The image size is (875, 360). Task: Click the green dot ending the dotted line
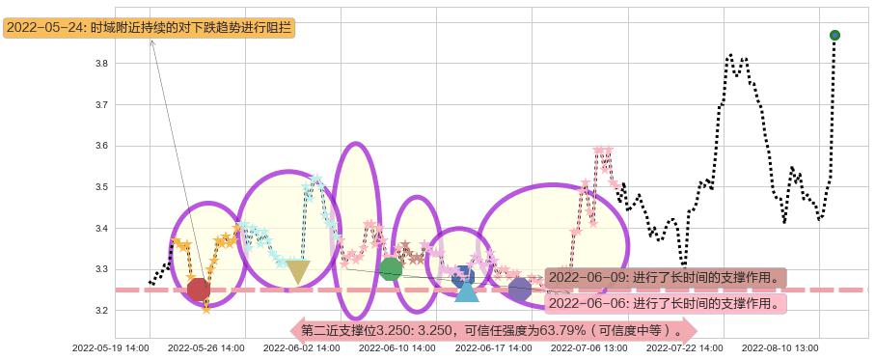[x=834, y=36]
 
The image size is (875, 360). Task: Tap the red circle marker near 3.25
[x=199, y=289]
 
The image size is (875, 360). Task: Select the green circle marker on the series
[x=390, y=269]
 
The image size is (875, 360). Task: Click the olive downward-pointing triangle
[x=298, y=272]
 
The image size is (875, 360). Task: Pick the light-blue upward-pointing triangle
[x=466, y=290]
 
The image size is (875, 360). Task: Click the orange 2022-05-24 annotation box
[x=150, y=28]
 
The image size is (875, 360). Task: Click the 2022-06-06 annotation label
[x=665, y=303]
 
